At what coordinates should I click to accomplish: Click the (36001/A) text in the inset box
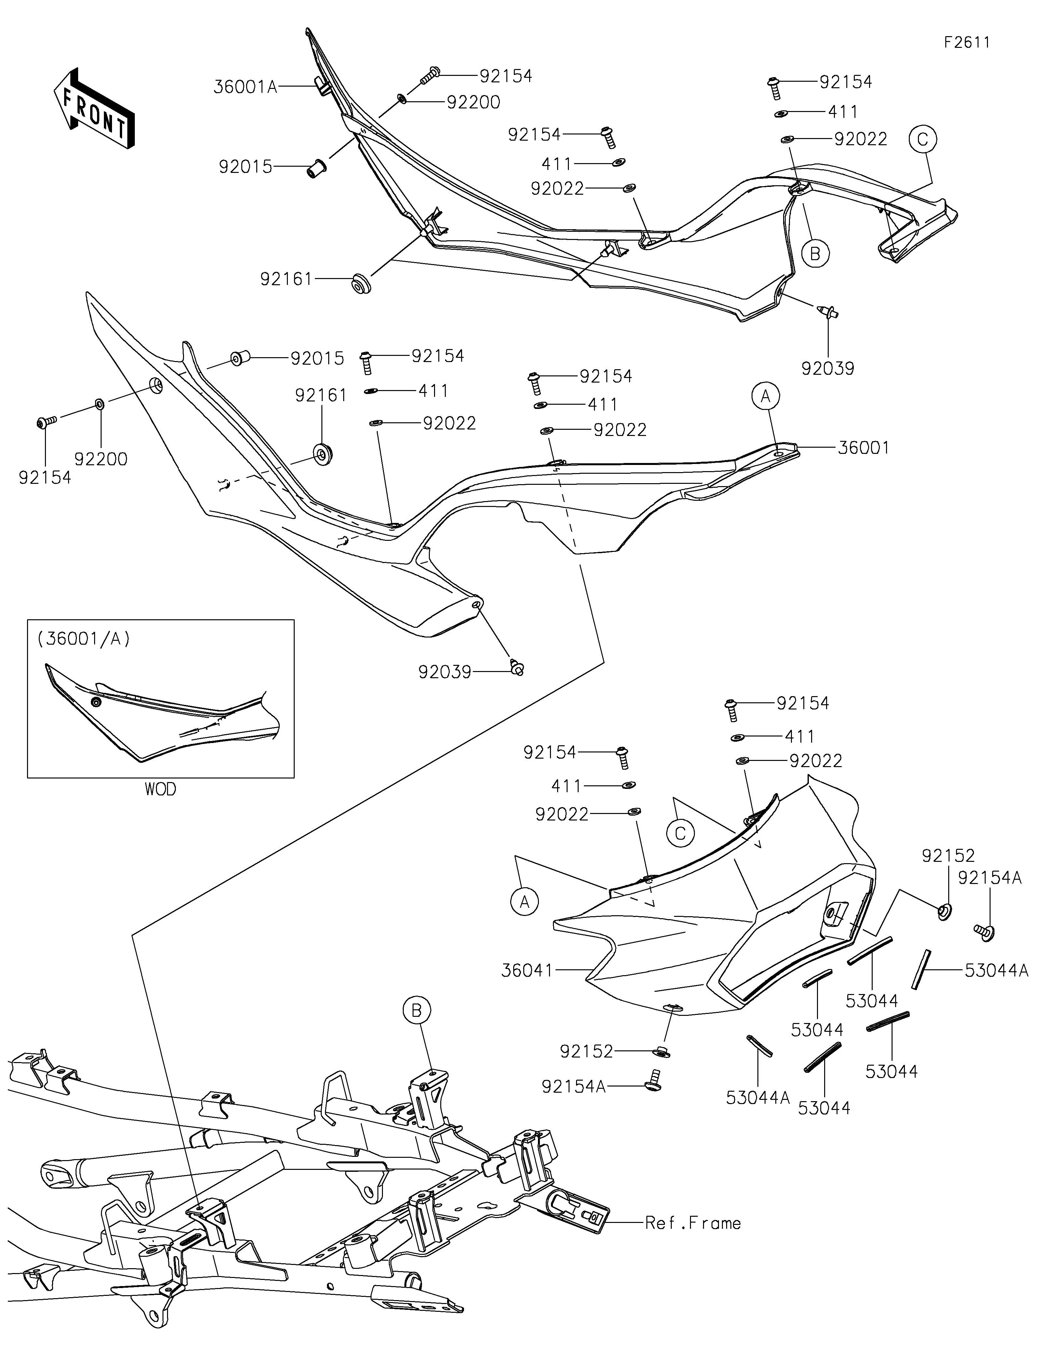[84, 639]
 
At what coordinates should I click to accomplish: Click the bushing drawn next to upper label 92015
[317, 167]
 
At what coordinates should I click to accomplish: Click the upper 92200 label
[473, 102]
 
